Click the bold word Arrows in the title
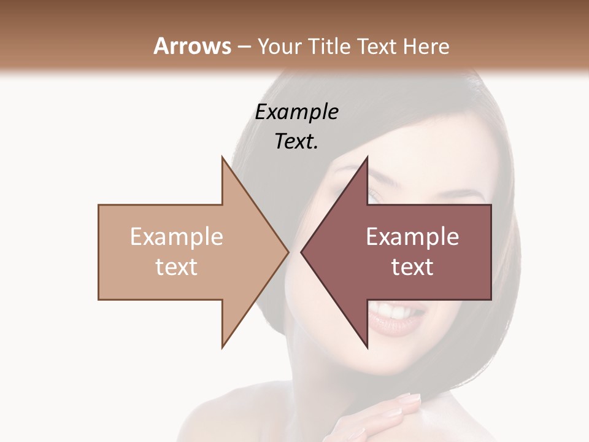point(192,46)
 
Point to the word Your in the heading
point(280,46)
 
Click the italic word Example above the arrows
point(297,112)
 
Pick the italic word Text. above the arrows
point(297,141)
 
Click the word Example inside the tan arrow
point(177,236)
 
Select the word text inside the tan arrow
point(177,266)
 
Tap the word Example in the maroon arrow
point(412,236)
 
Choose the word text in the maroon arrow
point(412,266)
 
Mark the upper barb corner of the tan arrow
point(222,157)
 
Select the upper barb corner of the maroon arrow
point(367,157)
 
